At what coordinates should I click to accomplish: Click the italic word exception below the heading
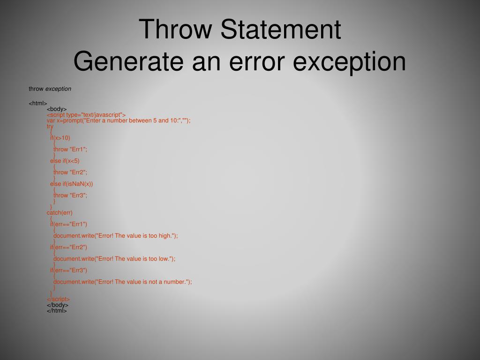click(x=58, y=89)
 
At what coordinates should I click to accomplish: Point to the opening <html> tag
click(x=38, y=103)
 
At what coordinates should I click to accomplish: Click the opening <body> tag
click(x=57, y=109)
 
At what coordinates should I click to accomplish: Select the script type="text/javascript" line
click(x=86, y=115)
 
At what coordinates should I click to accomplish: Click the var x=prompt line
click(x=119, y=120)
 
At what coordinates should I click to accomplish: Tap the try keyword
click(x=50, y=126)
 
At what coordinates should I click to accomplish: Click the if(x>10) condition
click(x=60, y=138)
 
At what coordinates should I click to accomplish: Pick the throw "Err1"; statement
click(x=70, y=149)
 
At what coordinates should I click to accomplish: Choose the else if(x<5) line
click(x=65, y=161)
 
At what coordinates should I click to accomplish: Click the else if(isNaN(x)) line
click(x=71, y=184)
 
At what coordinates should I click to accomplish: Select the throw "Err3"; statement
click(x=70, y=195)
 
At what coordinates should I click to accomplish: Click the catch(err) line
click(x=60, y=213)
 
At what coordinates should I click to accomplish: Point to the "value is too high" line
click(x=115, y=236)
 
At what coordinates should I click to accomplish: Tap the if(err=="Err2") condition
click(x=68, y=247)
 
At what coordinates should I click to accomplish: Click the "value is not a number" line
click(x=122, y=282)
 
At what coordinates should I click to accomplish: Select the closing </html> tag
click(x=57, y=310)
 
